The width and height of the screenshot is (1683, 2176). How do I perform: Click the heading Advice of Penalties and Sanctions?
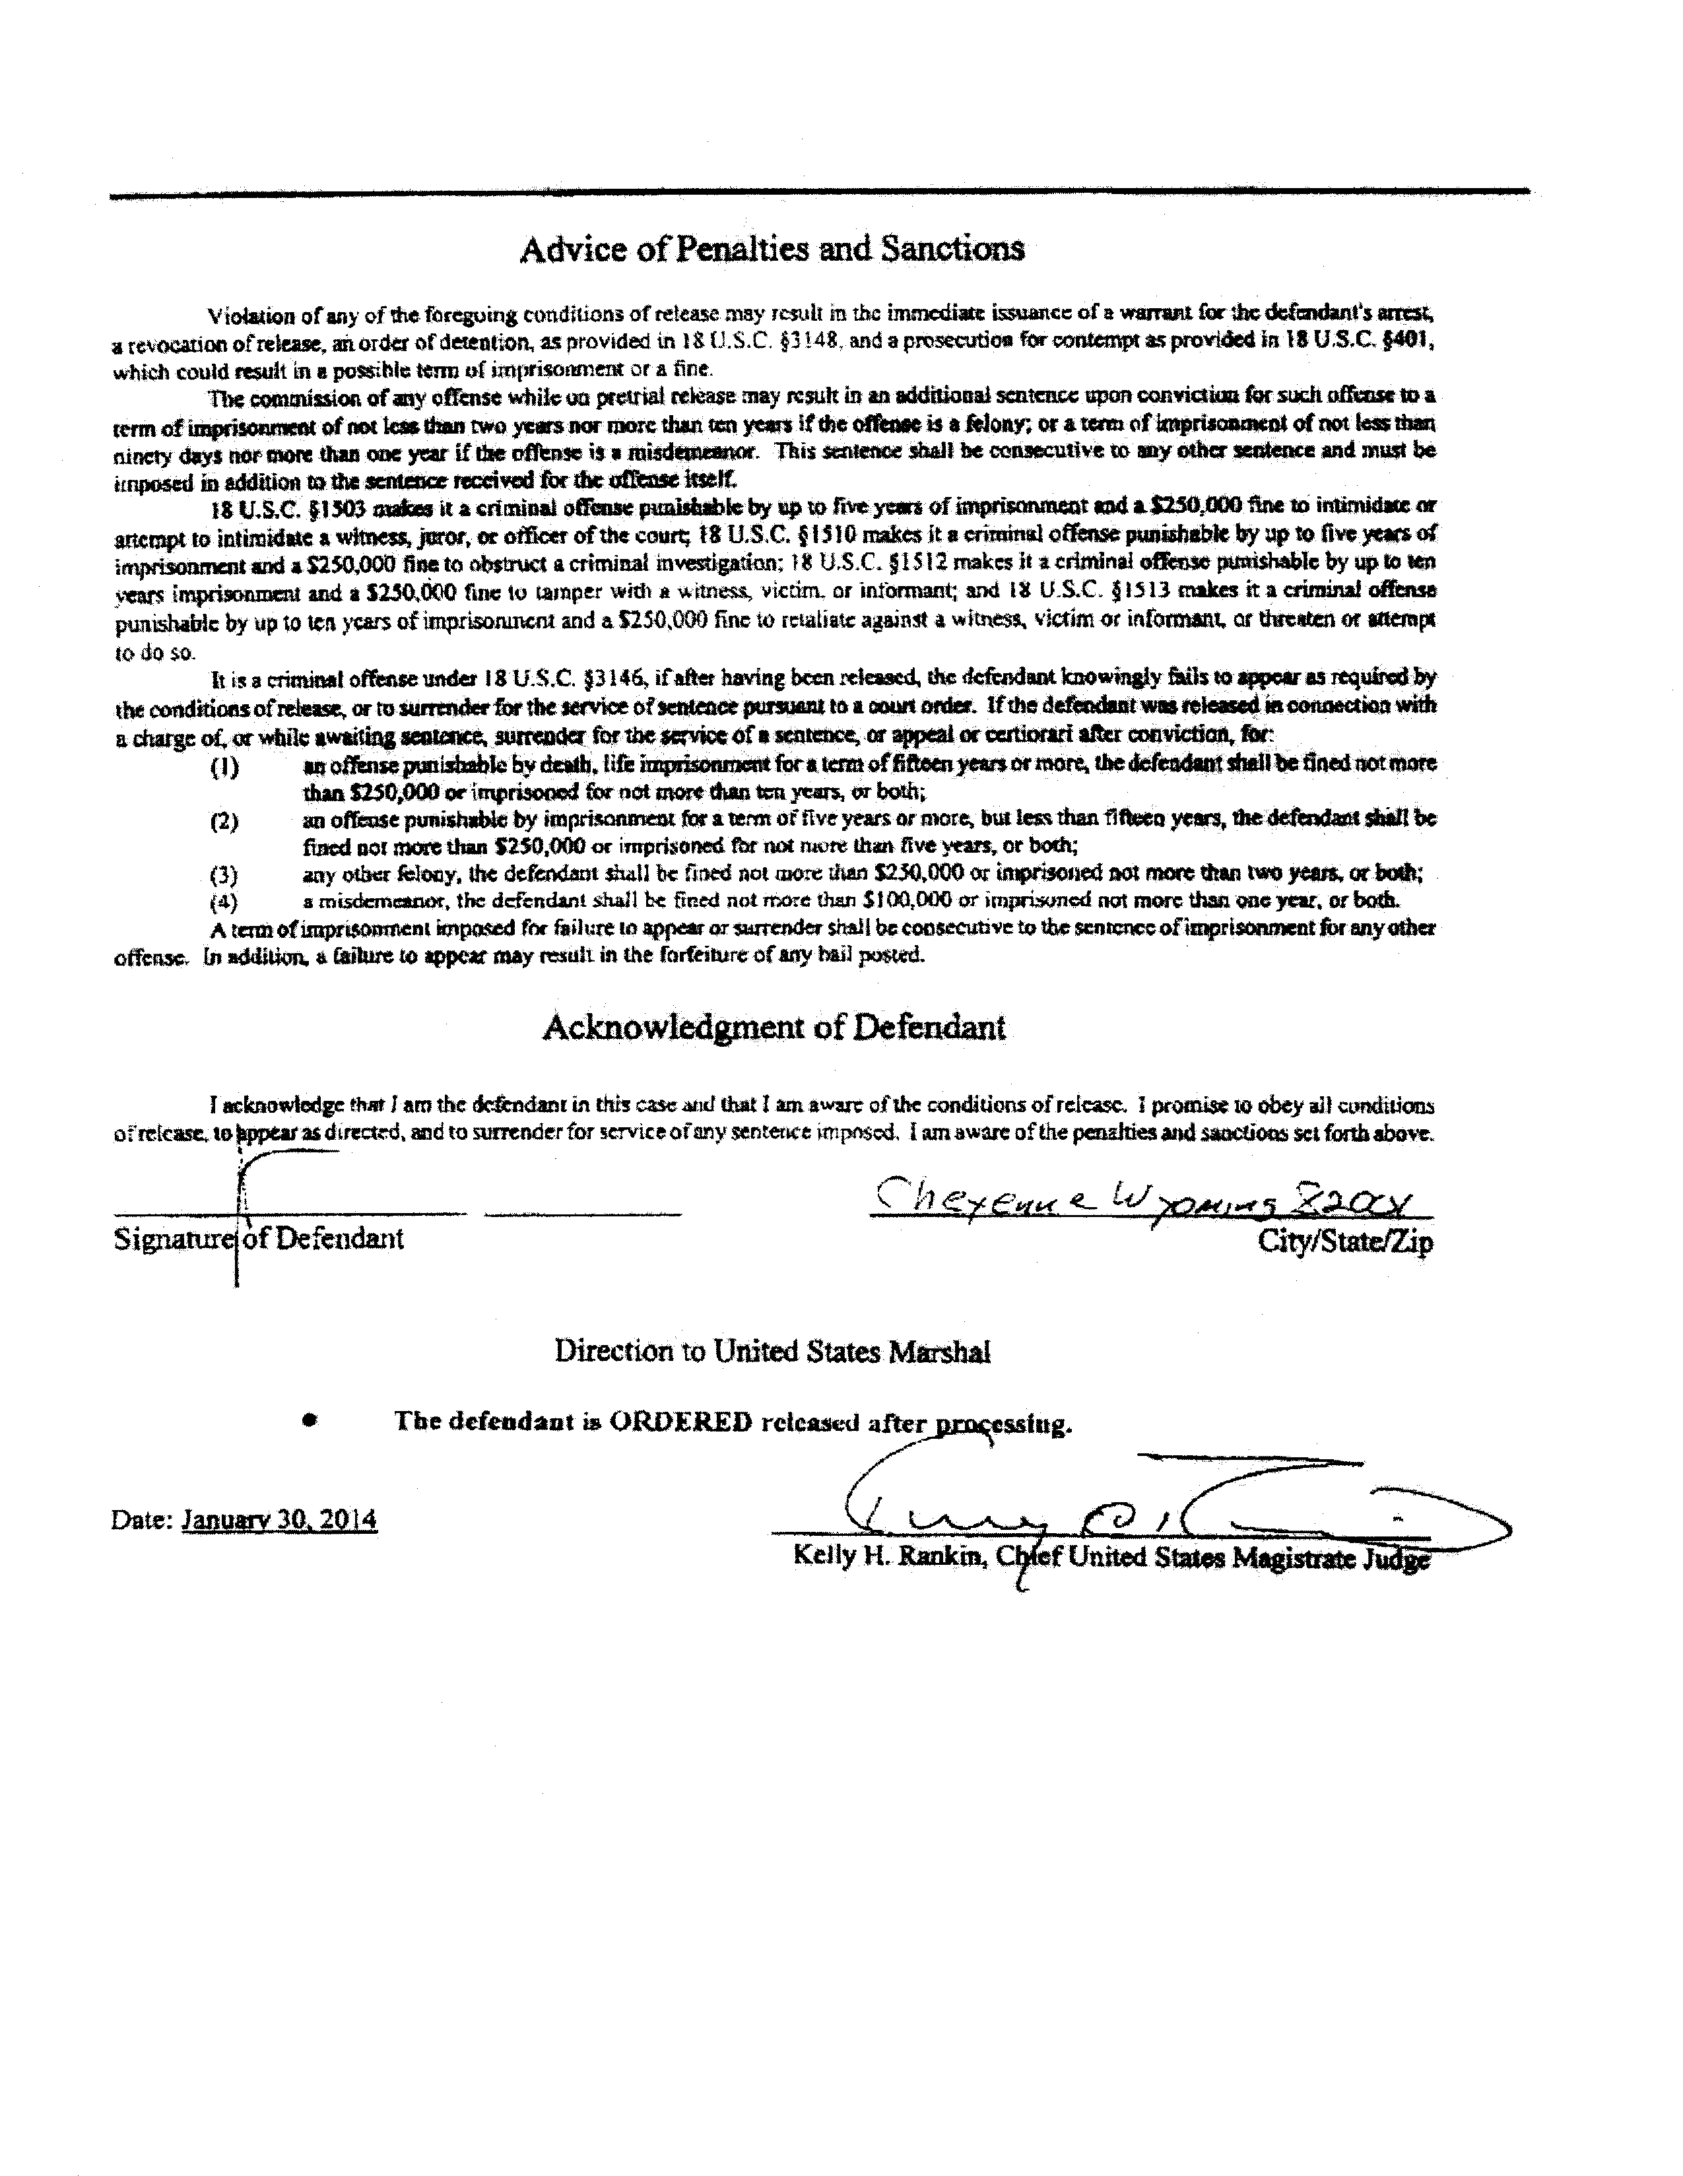772,248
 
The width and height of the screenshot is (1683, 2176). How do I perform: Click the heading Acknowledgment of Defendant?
774,1027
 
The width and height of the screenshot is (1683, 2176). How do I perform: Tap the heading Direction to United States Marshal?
772,1352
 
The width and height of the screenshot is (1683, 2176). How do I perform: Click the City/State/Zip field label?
1345,1241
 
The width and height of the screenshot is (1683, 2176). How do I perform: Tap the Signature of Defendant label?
259,1238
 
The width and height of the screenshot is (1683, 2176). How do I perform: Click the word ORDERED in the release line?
680,1422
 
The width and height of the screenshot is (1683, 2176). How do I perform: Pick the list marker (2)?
224,822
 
